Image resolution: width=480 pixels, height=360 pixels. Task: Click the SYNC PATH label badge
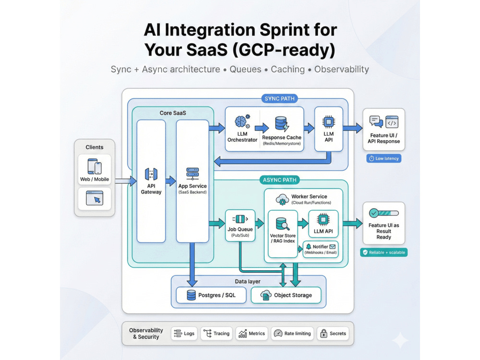click(279, 98)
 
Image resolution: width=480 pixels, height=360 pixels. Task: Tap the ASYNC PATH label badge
click(279, 180)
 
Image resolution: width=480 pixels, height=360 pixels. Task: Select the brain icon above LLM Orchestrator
click(242, 121)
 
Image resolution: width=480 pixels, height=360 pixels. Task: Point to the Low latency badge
click(384, 158)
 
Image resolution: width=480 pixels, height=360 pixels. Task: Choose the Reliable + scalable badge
click(384, 252)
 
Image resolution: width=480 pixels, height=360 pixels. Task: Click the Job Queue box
click(240, 225)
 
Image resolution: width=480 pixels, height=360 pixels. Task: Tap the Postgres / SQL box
click(211, 295)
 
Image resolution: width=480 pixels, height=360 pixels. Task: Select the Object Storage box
click(286, 295)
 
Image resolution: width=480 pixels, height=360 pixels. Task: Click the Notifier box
click(321, 249)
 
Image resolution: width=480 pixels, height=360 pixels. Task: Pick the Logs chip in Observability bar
click(184, 334)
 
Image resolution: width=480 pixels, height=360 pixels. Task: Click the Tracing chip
click(216, 334)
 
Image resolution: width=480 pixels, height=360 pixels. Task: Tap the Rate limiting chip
click(292, 334)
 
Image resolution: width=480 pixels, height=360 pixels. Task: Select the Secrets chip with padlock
click(333, 334)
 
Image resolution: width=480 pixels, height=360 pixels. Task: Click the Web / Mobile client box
click(95, 169)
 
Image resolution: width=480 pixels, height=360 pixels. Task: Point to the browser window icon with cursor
click(95, 198)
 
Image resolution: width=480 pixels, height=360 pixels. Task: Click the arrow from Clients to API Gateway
click(126, 181)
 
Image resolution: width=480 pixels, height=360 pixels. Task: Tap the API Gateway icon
click(151, 174)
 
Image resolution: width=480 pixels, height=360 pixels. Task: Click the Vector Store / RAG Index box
click(283, 234)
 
